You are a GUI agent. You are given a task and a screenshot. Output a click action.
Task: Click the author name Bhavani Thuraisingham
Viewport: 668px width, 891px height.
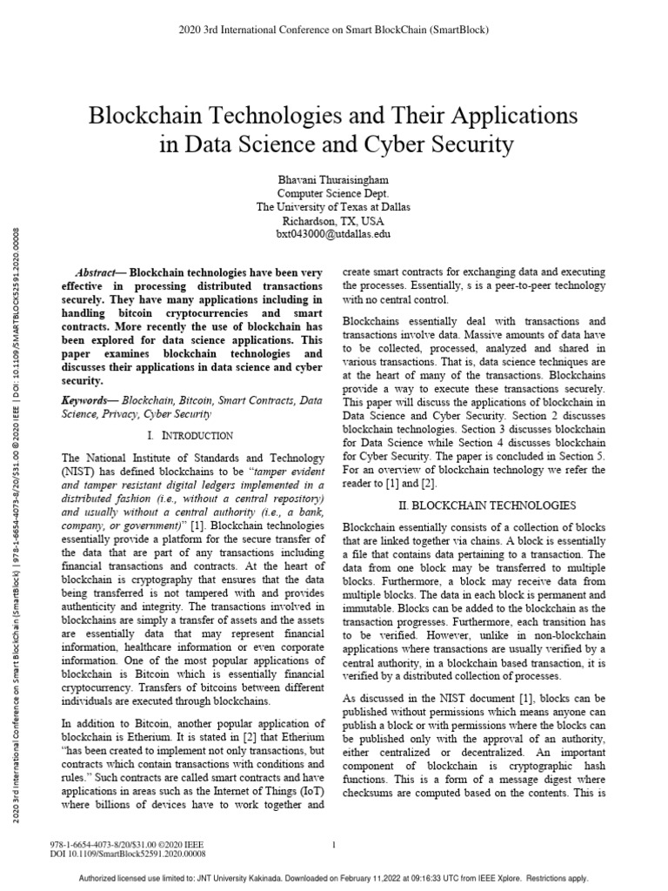click(x=333, y=178)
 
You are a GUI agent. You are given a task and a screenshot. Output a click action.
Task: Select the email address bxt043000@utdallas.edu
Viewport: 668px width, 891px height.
click(x=333, y=234)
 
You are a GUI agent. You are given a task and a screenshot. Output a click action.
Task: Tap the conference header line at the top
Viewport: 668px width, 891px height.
click(x=333, y=30)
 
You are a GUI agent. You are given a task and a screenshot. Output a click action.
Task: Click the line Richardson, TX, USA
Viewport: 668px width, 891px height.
click(x=333, y=220)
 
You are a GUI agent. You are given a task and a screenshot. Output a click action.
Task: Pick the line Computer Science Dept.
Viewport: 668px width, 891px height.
click(x=333, y=192)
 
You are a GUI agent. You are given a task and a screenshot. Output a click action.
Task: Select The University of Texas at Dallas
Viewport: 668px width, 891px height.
click(x=333, y=206)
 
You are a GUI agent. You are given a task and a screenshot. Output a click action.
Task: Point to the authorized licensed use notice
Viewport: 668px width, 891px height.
click(x=333, y=879)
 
